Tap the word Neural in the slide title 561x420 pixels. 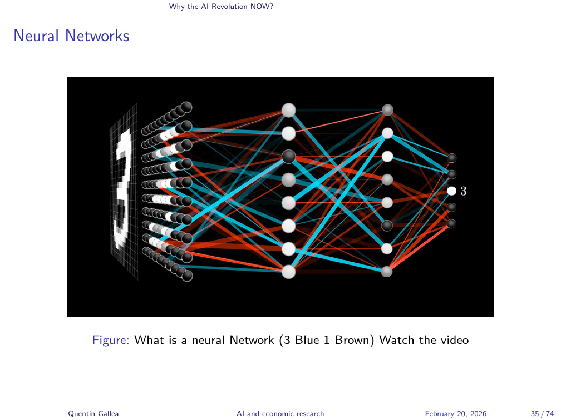[x=37, y=36]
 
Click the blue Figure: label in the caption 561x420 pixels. [x=111, y=339]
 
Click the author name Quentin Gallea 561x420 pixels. [x=93, y=413]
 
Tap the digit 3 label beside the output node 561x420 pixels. [x=463, y=191]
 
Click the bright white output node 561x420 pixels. [x=452, y=191]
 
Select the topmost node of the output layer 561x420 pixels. [x=452, y=158]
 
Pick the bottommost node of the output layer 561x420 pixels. [x=452, y=223]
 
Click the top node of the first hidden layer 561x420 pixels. [x=288, y=110]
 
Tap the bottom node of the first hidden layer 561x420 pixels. [x=288, y=272]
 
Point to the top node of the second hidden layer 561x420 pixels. [x=388, y=110]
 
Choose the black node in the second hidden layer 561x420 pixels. [x=388, y=225]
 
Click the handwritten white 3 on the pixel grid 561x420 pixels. [x=124, y=189]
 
